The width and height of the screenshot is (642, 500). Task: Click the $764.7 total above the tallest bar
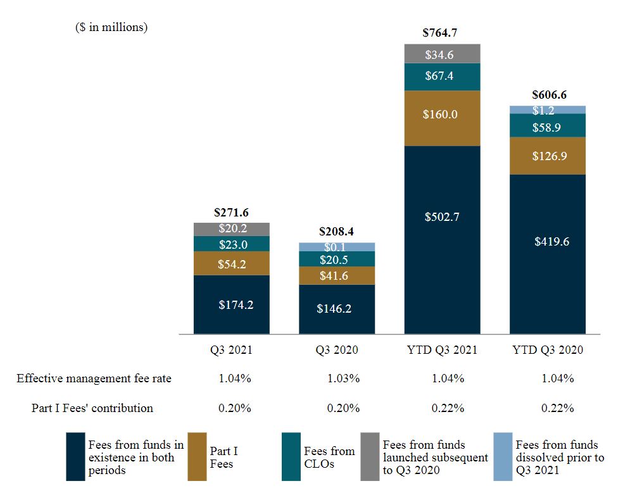point(442,32)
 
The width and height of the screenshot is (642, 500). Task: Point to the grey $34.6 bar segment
point(442,54)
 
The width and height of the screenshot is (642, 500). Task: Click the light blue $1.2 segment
point(548,109)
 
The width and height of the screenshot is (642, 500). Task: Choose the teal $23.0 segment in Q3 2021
point(232,244)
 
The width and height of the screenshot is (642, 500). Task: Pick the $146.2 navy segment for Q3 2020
point(337,309)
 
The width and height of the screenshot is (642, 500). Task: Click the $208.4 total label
point(337,232)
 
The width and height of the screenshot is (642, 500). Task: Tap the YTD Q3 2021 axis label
point(442,350)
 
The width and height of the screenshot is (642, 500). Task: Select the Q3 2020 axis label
point(337,350)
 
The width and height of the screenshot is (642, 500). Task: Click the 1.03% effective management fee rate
point(344,378)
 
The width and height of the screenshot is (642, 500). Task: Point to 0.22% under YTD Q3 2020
point(557,408)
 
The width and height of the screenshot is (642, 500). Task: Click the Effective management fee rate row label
point(94,378)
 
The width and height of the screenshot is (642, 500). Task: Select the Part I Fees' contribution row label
point(92,408)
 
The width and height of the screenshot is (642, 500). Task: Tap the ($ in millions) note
point(111,28)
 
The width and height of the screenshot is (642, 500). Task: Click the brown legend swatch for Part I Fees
point(197,457)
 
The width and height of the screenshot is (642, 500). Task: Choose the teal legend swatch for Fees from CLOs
point(291,457)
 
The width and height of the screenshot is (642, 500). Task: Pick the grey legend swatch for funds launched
point(370,457)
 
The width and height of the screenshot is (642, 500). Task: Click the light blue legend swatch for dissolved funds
point(502,457)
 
